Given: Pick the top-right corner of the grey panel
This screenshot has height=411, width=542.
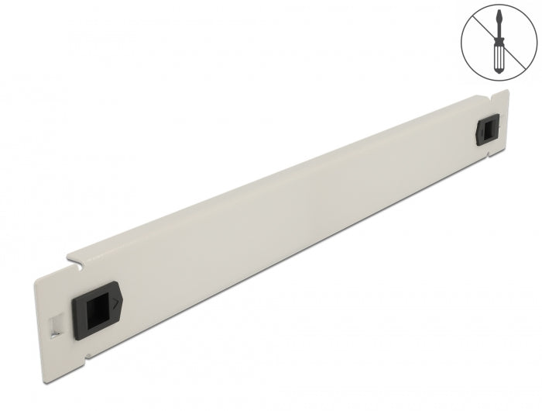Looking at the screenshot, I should (x=506, y=89).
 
